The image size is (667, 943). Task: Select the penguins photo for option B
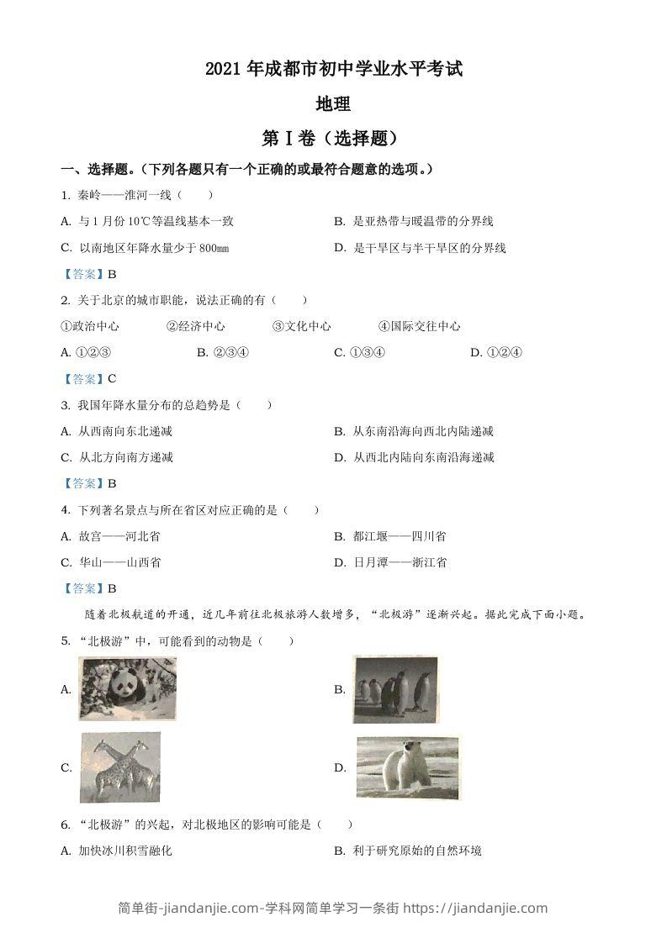click(395, 689)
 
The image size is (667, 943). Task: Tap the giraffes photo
click(120, 767)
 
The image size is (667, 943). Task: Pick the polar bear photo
click(408, 767)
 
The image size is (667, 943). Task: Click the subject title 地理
click(332, 104)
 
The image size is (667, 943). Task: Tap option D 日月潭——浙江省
click(390, 562)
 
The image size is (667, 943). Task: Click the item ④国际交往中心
click(419, 326)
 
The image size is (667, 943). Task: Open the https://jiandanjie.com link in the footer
click(478, 908)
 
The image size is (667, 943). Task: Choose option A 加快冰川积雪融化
click(117, 851)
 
